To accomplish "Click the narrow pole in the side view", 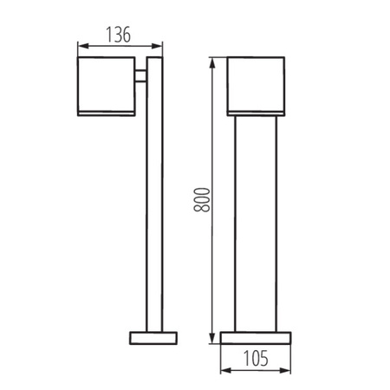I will [x=153, y=199].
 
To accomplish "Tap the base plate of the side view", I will [x=153, y=337].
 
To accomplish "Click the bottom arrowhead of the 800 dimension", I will [x=212, y=338].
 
